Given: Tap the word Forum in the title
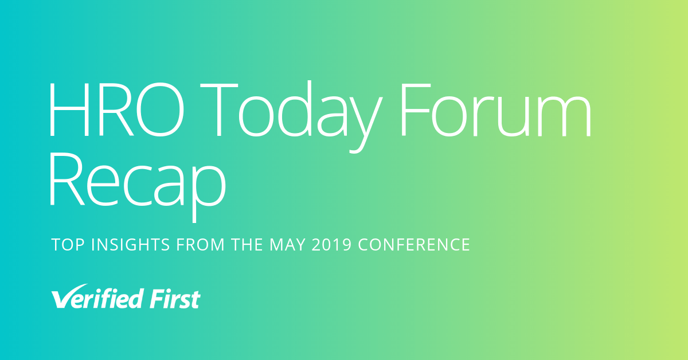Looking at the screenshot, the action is click(495, 109).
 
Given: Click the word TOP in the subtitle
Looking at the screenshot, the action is click(68, 245).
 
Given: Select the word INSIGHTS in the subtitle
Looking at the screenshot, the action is click(131, 245).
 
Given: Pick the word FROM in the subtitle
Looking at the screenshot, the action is click(200, 245).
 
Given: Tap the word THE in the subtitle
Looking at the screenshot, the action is click(247, 245).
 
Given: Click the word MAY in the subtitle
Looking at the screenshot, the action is click(287, 245).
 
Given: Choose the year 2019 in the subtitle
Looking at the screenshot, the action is click(331, 245).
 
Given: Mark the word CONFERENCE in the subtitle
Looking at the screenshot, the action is click(414, 245).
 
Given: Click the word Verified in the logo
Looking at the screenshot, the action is click(97, 296).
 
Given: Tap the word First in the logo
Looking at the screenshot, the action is click(175, 298).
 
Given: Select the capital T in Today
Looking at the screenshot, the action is click(219, 109).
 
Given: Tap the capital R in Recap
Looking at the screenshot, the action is click(67, 179).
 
